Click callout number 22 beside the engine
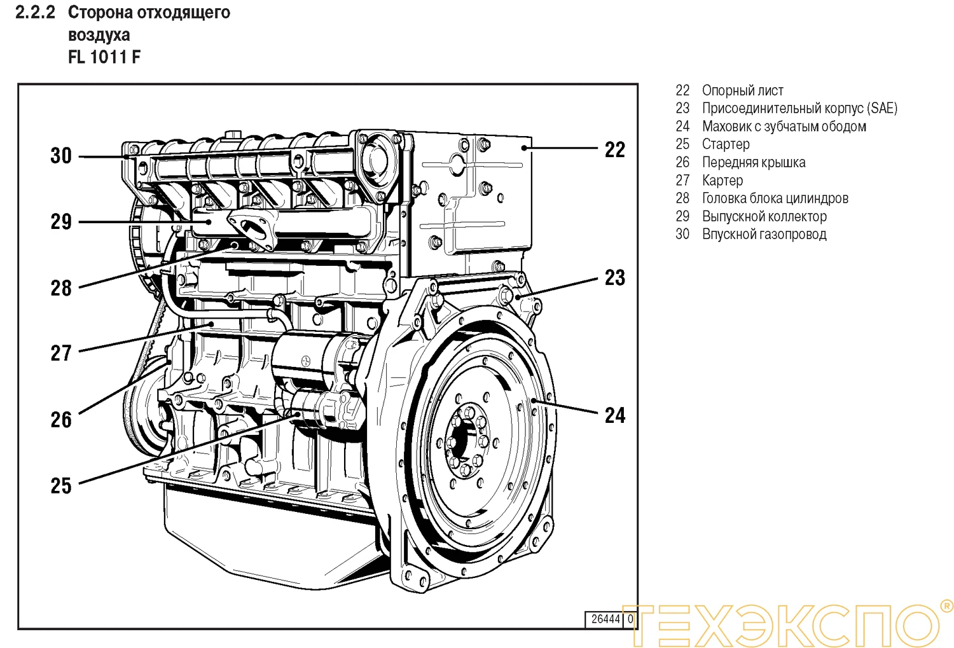click(x=614, y=150)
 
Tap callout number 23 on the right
click(x=614, y=278)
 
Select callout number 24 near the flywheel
click(x=614, y=416)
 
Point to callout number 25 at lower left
click(x=61, y=486)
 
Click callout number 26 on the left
click(x=61, y=420)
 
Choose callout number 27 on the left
click(x=61, y=353)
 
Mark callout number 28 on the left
click(x=61, y=288)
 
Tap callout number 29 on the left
click(x=61, y=222)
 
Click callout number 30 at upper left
click(x=61, y=156)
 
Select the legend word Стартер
click(x=726, y=144)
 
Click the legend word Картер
click(x=722, y=181)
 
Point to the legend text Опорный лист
click(x=742, y=90)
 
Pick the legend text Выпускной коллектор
click(x=764, y=216)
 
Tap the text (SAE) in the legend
click(x=882, y=108)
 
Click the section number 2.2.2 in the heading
click(x=35, y=12)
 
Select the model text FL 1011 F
click(x=104, y=57)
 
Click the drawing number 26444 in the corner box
click(x=605, y=619)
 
